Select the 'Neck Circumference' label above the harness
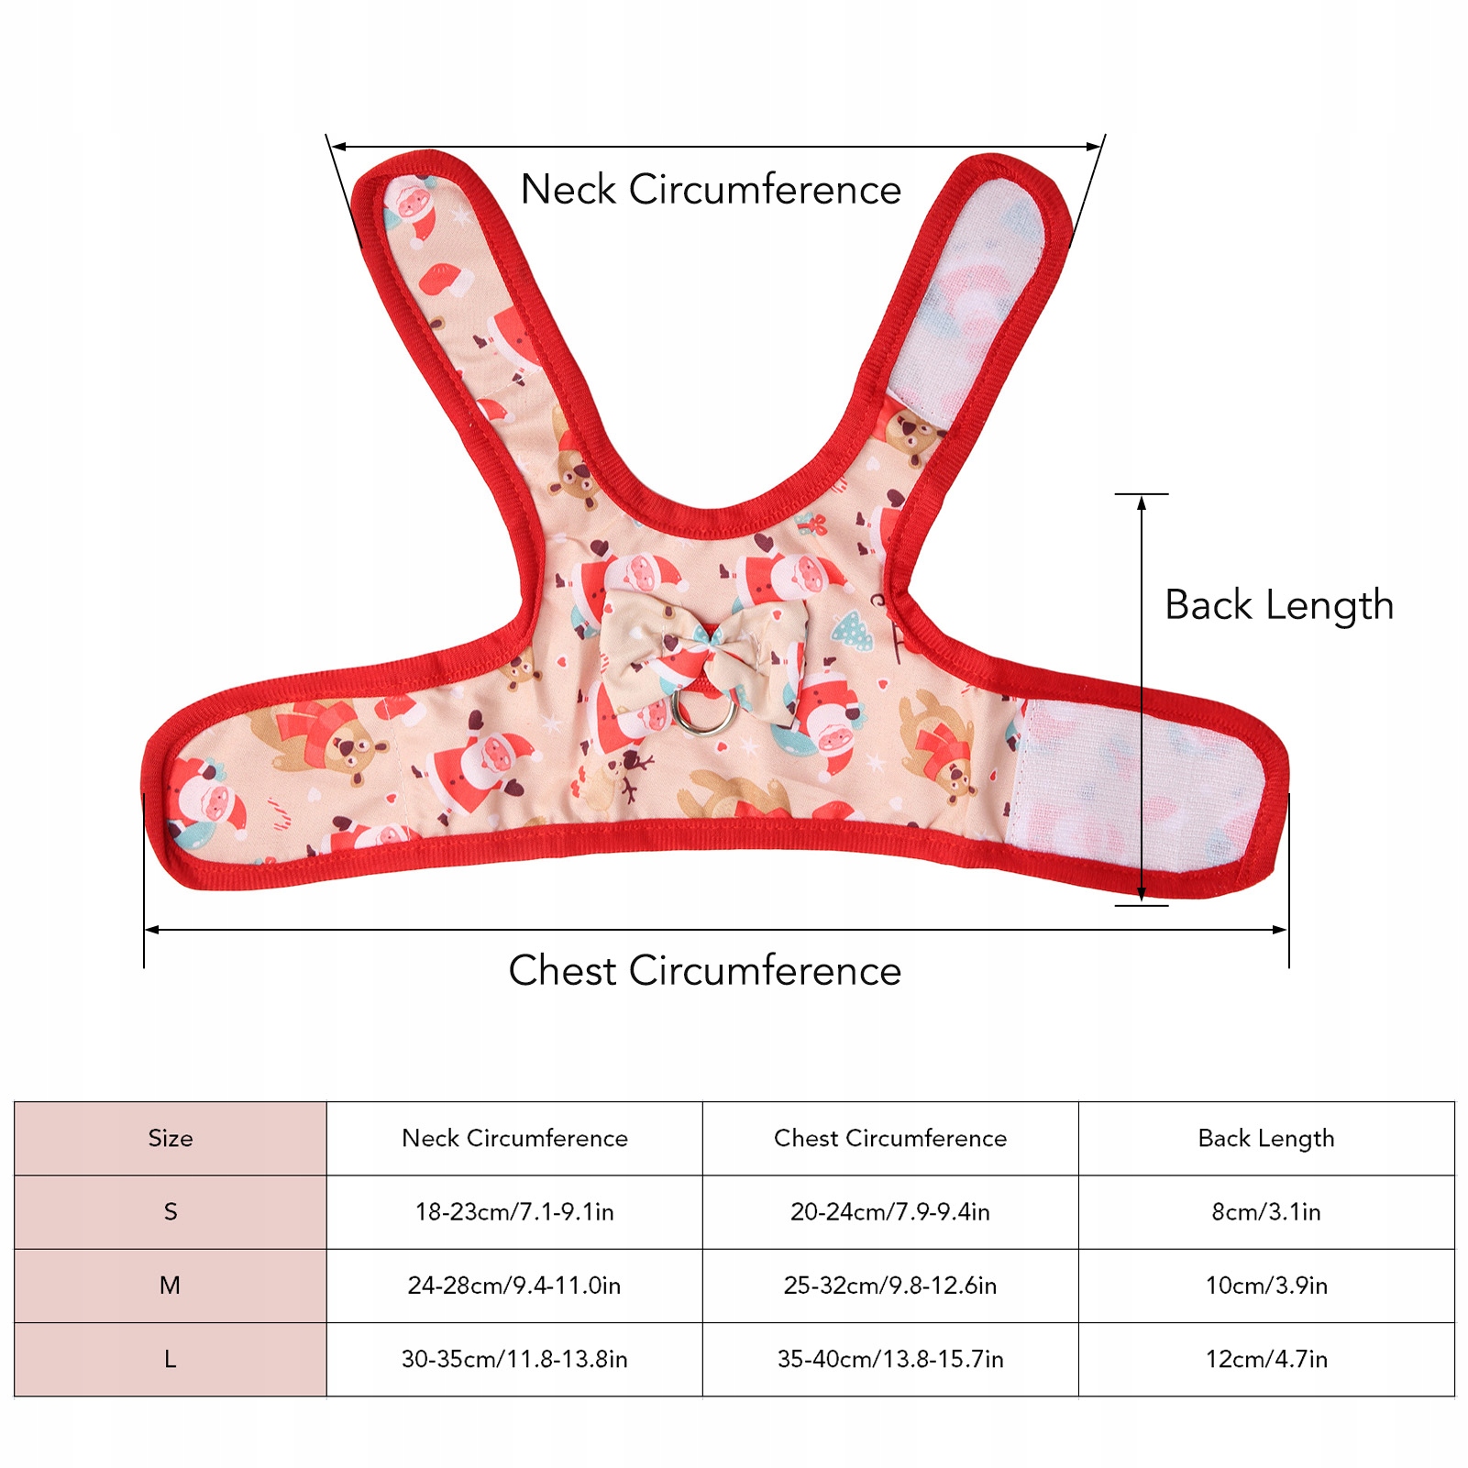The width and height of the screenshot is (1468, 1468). pos(711,190)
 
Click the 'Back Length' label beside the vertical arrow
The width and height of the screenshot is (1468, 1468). pos(1279,605)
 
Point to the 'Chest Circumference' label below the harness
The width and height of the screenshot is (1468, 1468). pos(705,970)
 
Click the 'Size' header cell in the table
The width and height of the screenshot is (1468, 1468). pos(171,1139)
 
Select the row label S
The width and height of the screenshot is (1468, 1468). pos(171,1212)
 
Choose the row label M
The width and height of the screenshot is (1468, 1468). pos(171,1286)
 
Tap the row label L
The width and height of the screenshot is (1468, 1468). pos(171,1359)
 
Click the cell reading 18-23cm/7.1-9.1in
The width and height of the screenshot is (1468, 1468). pos(514,1212)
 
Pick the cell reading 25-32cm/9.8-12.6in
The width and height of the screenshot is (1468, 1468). pos(890,1286)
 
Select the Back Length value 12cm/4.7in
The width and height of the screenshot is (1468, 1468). pos(1266,1359)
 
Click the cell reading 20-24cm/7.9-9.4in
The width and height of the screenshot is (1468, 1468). pos(890,1212)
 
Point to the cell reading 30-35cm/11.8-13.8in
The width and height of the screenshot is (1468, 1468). pos(514,1359)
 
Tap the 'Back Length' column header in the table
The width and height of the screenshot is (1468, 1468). pos(1266,1139)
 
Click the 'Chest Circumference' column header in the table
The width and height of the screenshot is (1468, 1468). pos(890,1139)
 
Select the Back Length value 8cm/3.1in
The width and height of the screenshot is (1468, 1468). pos(1266,1212)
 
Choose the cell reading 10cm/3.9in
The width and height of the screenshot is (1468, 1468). pos(1266,1286)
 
